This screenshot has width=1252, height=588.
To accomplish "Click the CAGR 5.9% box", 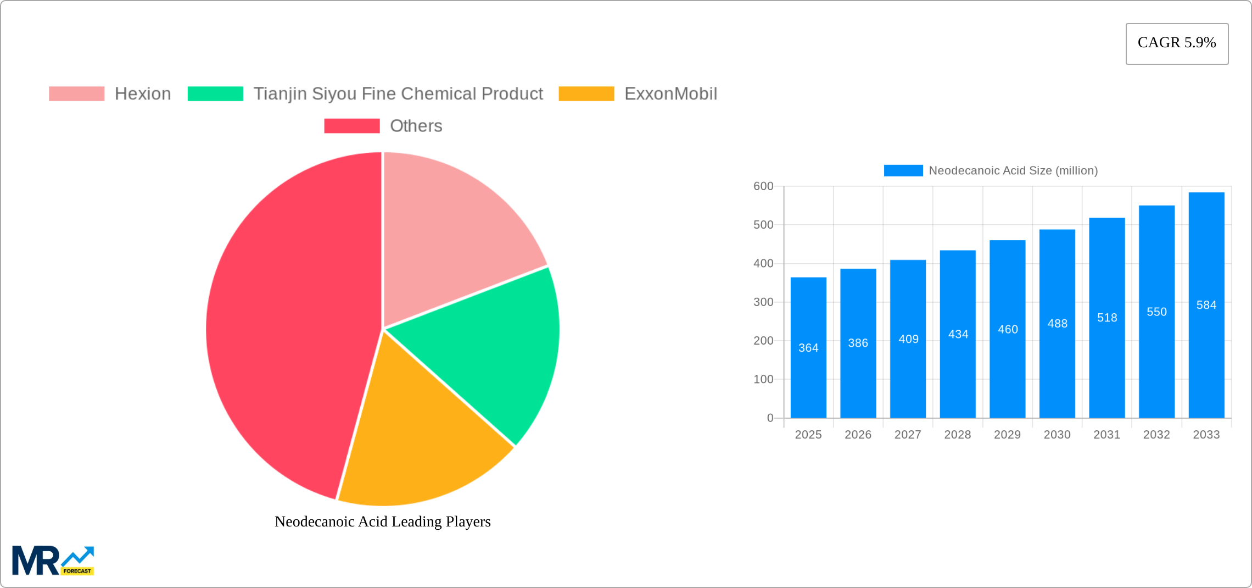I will (1177, 43).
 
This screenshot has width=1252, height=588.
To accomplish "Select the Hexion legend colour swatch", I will (76, 94).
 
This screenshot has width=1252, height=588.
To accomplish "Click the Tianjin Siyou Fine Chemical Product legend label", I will (398, 94).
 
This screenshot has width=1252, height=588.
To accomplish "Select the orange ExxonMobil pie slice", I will (417, 440).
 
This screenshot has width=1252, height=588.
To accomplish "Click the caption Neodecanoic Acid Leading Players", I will (382, 522).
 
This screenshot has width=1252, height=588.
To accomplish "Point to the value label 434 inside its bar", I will (958, 334).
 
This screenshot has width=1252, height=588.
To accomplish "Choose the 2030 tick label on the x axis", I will (1057, 435).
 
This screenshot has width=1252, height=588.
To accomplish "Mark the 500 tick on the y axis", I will (763, 225).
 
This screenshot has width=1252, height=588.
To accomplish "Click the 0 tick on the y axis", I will (770, 418).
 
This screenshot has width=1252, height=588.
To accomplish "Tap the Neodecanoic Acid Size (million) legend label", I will (1013, 171).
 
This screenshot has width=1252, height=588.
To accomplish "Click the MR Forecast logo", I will (53, 561).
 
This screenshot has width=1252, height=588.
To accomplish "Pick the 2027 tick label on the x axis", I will (907, 435).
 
